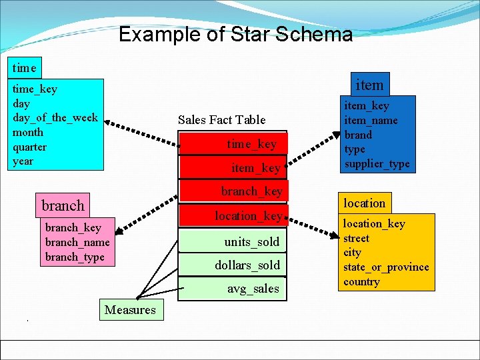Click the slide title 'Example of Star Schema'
(235, 35)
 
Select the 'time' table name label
(25, 67)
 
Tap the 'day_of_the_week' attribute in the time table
(55, 118)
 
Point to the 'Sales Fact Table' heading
(221, 120)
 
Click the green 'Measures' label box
(130, 309)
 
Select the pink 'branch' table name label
(63, 205)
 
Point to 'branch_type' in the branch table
(75, 257)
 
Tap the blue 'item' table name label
(369, 85)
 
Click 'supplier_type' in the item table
(377, 164)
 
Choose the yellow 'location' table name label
(364, 203)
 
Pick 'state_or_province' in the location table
(386, 267)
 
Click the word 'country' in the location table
(361, 281)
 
